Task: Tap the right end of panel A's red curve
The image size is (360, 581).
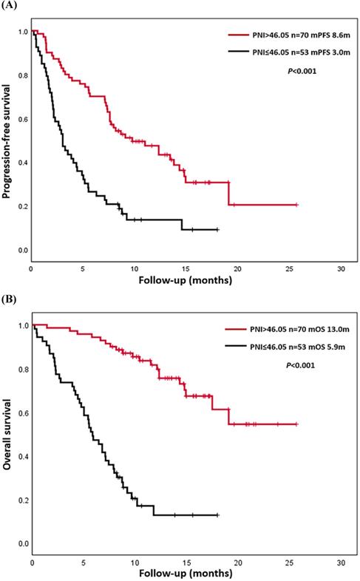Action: [296, 204]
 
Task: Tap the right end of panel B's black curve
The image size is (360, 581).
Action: [219, 514]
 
